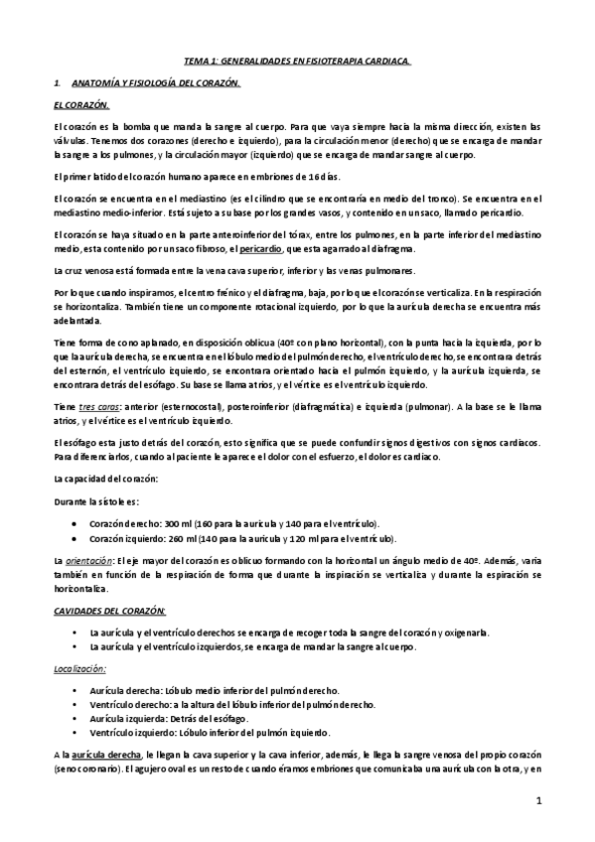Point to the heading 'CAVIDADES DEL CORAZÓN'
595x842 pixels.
[109, 609]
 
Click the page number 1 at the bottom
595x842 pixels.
[537, 799]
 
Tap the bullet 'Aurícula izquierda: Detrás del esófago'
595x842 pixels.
[168, 717]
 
